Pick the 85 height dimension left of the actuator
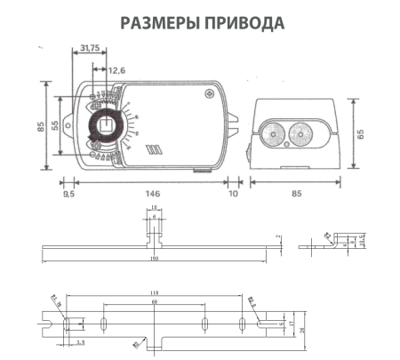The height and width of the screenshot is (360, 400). point(40,126)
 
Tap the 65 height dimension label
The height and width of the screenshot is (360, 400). point(363,133)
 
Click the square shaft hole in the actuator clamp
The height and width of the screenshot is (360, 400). point(105,124)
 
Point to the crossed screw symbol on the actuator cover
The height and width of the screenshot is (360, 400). point(209,92)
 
